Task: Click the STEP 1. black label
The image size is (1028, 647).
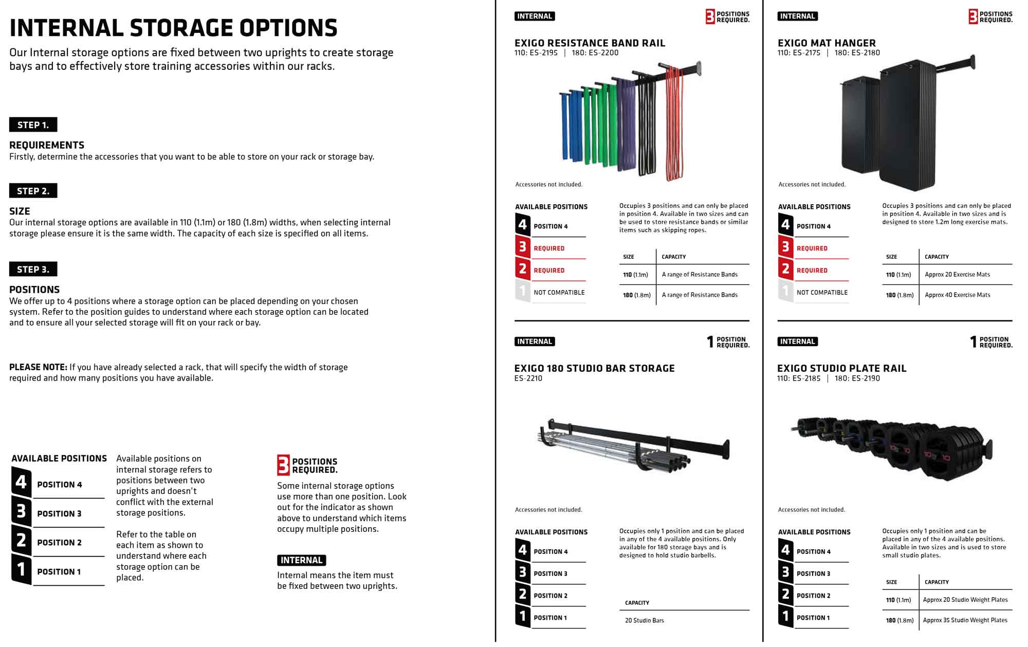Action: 33,124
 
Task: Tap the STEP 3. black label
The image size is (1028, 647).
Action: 33,269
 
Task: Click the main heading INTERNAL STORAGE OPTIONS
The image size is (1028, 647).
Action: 173,28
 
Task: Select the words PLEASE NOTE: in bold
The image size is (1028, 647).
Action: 38,367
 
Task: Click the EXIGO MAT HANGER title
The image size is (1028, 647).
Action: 827,43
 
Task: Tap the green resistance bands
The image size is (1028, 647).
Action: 596,126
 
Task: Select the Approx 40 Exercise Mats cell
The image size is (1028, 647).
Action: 957,295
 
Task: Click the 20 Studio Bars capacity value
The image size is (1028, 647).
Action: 645,620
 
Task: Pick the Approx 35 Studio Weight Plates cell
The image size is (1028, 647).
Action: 965,620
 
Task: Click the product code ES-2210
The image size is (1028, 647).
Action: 528,378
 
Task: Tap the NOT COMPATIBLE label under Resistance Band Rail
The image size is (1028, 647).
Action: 559,292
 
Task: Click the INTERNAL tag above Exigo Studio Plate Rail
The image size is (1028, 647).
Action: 797,342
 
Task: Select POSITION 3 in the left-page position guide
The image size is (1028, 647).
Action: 59,513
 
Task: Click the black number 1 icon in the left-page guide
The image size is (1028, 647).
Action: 21,569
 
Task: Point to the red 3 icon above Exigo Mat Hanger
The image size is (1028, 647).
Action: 972,16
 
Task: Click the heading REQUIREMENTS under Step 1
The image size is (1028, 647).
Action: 47,145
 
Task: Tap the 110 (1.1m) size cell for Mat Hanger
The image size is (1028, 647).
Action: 898,275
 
